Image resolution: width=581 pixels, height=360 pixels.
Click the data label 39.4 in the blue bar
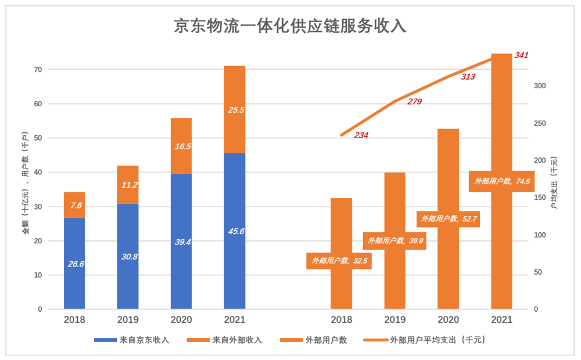click(182, 242)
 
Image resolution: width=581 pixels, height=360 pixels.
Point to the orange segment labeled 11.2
click(128, 185)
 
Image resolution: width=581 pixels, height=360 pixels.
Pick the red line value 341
click(521, 55)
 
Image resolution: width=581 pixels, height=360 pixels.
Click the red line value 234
click(360, 135)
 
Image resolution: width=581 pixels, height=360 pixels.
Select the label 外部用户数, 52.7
click(449, 219)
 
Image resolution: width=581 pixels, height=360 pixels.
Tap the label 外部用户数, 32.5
click(339, 261)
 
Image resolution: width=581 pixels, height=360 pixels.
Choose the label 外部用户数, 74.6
click(502, 181)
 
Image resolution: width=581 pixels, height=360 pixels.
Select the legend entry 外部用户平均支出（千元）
click(424, 340)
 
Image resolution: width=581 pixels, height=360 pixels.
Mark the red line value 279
click(414, 102)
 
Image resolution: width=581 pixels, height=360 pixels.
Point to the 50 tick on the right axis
click(538, 272)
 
